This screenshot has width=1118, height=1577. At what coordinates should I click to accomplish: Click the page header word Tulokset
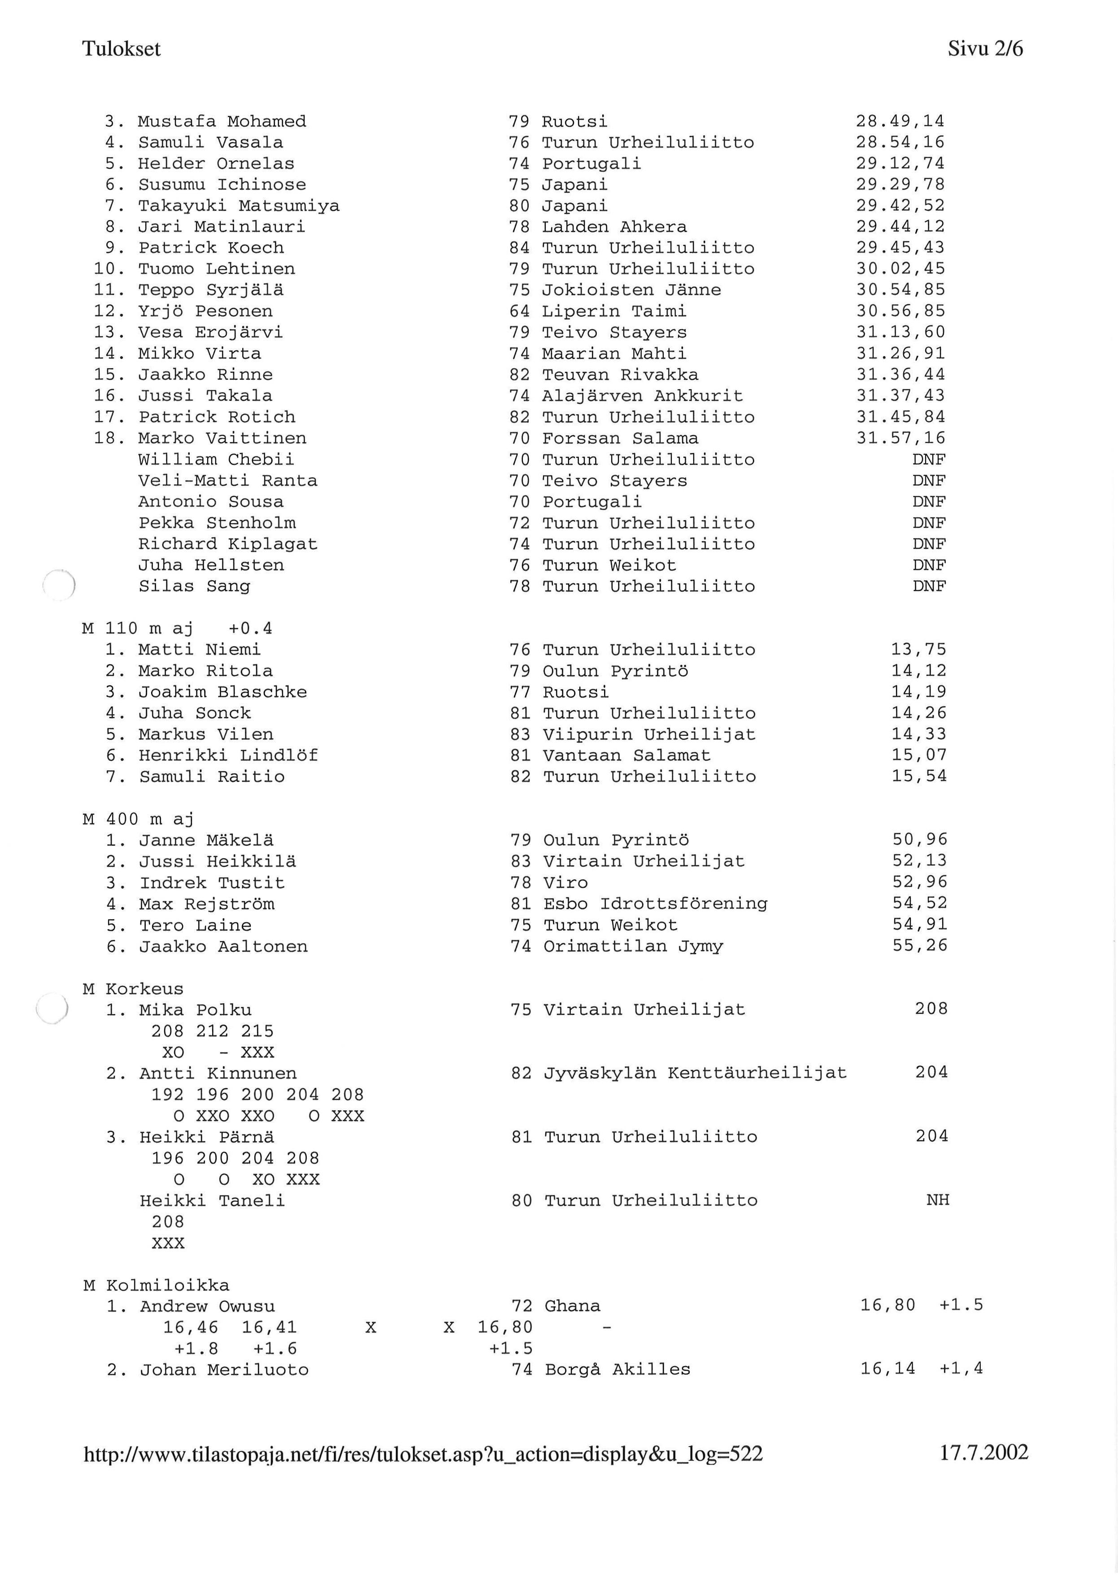[x=121, y=49]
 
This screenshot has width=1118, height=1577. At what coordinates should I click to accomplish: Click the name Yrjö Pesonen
[x=205, y=312]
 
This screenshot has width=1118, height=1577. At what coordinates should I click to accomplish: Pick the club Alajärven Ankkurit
[x=642, y=396]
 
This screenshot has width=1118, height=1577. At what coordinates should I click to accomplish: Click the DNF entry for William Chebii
[x=929, y=460]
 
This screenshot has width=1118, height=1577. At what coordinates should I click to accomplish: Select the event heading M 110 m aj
[x=138, y=629]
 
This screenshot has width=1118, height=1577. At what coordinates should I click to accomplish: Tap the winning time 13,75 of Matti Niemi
[x=919, y=650]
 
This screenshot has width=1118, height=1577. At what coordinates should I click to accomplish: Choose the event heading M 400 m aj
[x=138, y=820]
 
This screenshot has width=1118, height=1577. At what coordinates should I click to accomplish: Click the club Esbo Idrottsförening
[x=655, y=904]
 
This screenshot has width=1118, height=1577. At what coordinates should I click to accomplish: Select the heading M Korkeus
[x=133, y=989]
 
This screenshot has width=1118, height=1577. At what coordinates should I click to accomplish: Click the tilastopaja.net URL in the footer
[x=423, y=1455]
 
